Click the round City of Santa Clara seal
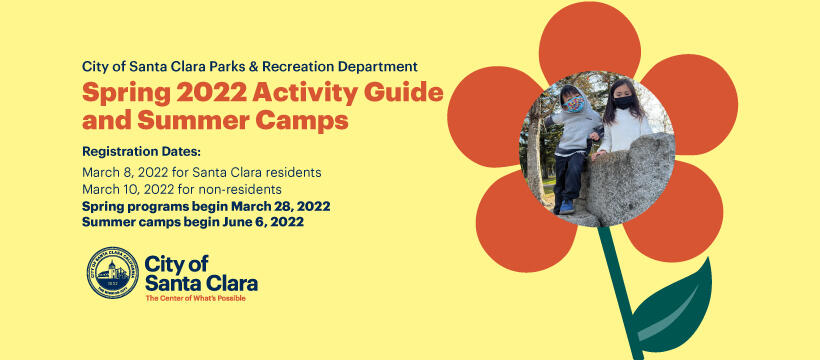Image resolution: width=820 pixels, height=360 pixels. [113, 272]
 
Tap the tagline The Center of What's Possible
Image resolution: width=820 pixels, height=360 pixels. [195, 298]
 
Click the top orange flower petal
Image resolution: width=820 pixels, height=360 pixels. [589, 45]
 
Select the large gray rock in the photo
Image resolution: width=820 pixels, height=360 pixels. [630, 185]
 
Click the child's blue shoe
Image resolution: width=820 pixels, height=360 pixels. [567, 206]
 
